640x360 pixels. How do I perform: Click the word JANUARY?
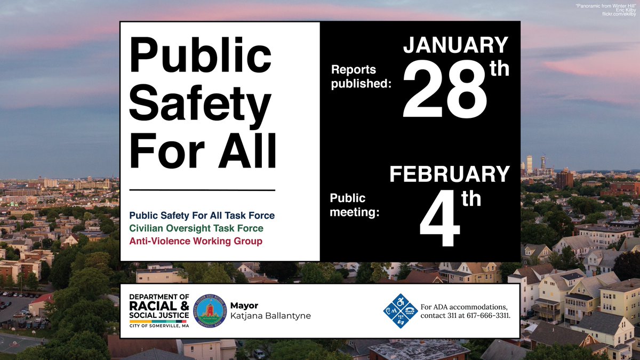(455, 46)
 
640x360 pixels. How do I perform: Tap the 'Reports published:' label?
(361, 76)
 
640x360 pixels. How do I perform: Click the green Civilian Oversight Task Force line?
(196, 228)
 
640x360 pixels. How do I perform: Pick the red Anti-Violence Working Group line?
(196, 241)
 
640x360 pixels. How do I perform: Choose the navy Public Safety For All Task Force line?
(202, 215)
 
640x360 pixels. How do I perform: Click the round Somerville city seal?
(210, 311)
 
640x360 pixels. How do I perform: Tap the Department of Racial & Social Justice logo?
(159, 311)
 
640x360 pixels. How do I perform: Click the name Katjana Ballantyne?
(270, 316)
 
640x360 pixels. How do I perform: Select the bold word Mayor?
(244, 306)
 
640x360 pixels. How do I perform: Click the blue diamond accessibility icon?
(400, 311)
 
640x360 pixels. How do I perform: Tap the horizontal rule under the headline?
(202, 190)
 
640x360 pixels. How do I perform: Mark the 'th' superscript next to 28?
(500, 69)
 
